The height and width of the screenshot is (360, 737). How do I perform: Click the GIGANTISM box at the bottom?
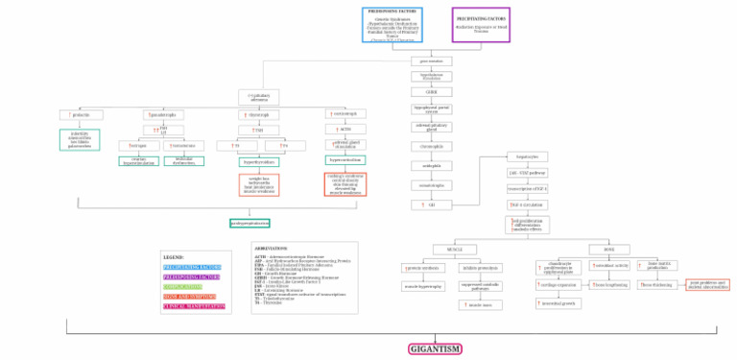(435, 348)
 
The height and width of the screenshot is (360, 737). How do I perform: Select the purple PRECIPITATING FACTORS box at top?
(481, 24)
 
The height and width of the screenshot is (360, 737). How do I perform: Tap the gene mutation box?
(432, 60)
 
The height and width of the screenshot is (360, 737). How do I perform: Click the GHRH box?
(432, 92)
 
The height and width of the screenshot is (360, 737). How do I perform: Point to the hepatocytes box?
(527, 156)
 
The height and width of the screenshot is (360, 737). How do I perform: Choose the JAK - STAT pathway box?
(527, 173)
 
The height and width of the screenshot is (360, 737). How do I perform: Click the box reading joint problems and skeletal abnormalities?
(708, 284)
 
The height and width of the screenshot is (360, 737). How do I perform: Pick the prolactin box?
(80, 114)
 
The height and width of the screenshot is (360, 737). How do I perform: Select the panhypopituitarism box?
(249, 222)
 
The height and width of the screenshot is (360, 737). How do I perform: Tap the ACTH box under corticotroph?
(345, 129)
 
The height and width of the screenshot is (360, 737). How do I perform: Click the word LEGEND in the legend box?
(174, 257)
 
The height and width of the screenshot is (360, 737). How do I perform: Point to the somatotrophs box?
(432, 183)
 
